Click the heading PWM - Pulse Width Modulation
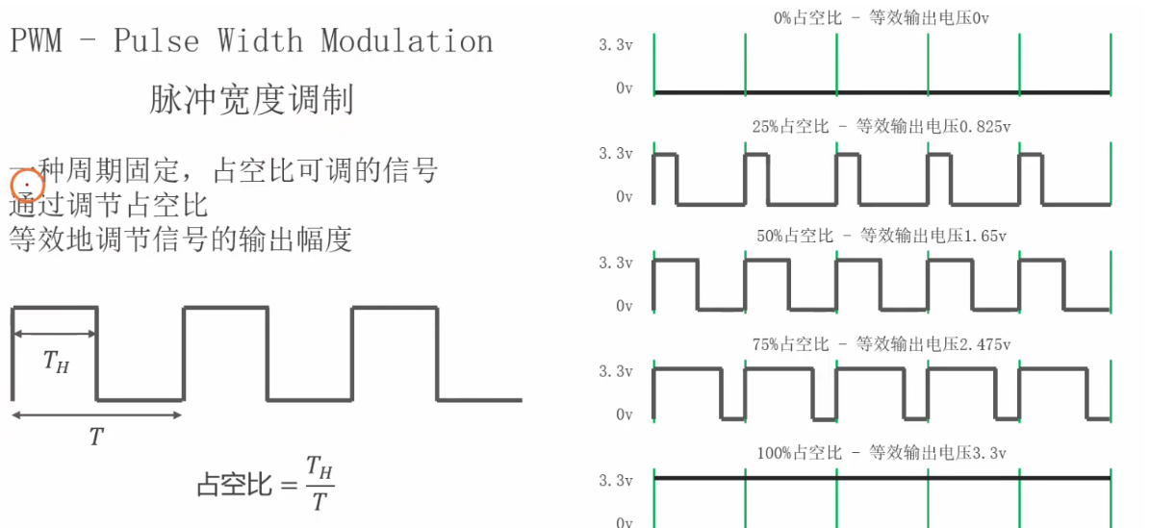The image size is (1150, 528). (252, 41)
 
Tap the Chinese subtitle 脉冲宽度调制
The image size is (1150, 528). (251, 100)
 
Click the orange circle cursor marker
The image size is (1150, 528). (28, 182)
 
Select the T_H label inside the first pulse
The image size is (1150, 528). (56, 362)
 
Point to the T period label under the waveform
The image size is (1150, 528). (95, 438)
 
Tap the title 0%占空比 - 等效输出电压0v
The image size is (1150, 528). (881, 17)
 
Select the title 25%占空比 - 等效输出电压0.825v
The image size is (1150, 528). (881, 126)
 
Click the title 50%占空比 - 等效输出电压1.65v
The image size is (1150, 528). (881, 236)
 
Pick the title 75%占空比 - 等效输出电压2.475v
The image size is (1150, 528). (881, 344)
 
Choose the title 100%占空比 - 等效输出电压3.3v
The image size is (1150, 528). (881, 453)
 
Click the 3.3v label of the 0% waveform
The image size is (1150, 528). (616, 44)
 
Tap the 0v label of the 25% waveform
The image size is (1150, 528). (624, 197)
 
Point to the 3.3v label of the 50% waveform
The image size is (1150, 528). (616, 263)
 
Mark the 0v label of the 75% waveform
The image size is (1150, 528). (624, 415)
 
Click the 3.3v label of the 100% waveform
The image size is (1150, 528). (616, 480)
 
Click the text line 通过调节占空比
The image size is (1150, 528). (108, 205)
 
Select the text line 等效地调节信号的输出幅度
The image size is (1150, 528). (180, 238)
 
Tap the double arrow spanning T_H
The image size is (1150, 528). (55, 334)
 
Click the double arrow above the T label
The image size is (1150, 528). (96, 415)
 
